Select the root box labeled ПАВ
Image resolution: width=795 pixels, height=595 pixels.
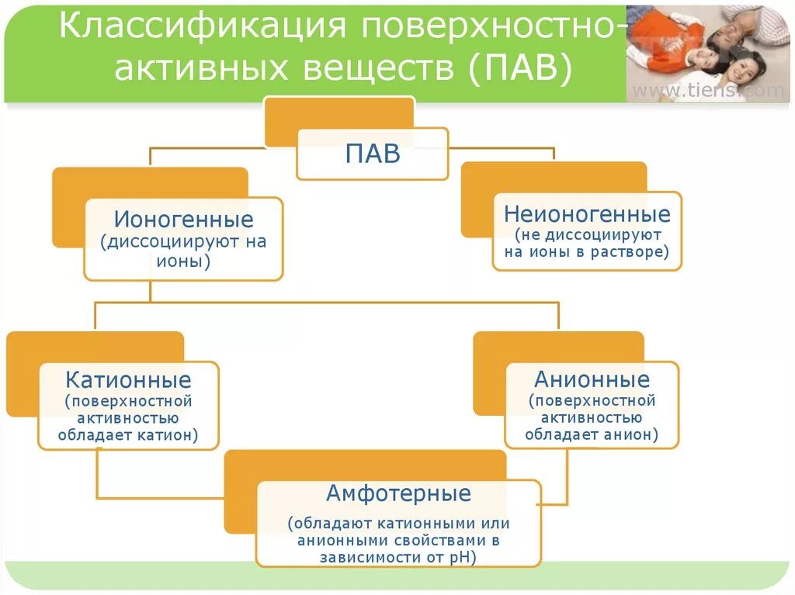373,153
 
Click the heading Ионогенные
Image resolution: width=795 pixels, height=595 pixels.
183,220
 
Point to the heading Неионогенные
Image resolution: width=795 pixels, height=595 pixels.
587,214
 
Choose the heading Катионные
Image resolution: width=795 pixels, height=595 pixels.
129,381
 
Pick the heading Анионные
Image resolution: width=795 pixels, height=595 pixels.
592,380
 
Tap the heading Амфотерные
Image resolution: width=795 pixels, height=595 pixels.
398,493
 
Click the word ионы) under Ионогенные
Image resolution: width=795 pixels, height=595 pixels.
183,261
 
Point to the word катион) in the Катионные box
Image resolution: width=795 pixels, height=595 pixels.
168,435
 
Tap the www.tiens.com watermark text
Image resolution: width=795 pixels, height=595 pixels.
708,91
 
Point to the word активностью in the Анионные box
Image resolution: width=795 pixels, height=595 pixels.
592,418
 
